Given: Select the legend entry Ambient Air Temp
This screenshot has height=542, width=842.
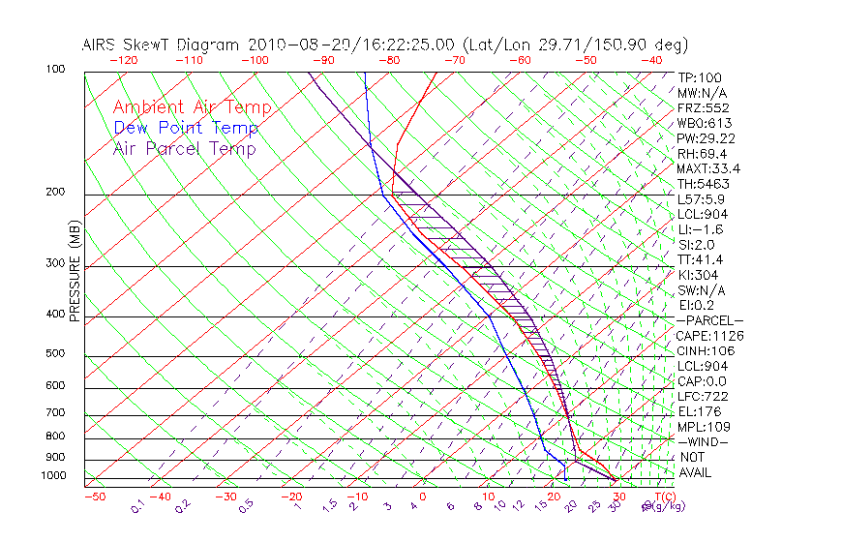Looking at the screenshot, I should (192, 107).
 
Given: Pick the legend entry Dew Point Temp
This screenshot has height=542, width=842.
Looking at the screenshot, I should (185, 128).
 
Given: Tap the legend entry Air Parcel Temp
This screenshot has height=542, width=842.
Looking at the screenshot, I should (184, 148).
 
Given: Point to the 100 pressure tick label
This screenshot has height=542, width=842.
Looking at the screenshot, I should (55, 70).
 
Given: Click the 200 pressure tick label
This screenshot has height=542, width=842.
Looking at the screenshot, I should (55, 193).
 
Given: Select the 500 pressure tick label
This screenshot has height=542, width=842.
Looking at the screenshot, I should (55, 354).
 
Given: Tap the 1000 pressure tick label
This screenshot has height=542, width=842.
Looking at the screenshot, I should (52, 476).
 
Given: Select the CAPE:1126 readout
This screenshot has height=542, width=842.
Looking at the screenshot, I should (709, 336).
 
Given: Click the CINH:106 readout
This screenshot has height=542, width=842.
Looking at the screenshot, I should (706, 351).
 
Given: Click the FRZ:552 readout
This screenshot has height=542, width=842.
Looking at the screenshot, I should (704, 107).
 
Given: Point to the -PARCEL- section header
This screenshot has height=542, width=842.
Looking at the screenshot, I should (709, 320).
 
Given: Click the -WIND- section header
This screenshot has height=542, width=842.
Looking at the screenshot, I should (704, 441).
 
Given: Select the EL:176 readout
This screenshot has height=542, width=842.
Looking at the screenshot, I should (700, 411).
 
